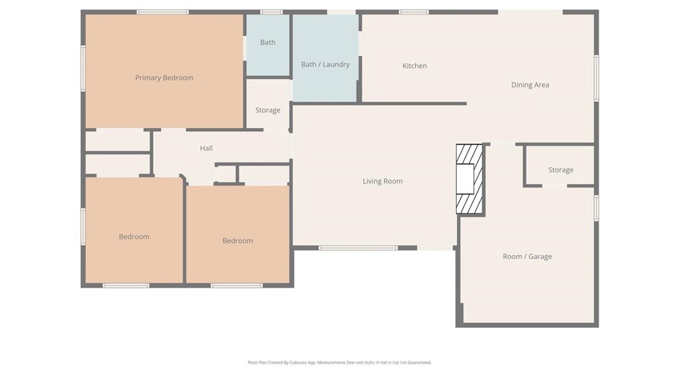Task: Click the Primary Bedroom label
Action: [164, 78]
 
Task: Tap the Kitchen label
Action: [414, 66]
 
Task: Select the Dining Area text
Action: [530, 85]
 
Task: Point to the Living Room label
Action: [382, 181]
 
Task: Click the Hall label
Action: [206, 148]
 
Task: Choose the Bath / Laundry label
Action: [325, 64]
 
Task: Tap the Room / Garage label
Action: [526, 256]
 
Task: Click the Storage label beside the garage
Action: [560, 170]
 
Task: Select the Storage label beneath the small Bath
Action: [267, 110]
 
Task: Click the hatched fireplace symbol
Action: [469, 179]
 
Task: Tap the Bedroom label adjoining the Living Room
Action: [237, 241]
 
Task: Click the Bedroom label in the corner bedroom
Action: [134, 237]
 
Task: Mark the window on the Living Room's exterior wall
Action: [358, 248]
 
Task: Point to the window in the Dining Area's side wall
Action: [596, 78]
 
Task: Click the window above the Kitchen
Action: [413, 12]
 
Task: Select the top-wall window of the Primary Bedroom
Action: [162, 12]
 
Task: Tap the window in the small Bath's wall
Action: [271, 12]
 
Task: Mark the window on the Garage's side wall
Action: [596, 207]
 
